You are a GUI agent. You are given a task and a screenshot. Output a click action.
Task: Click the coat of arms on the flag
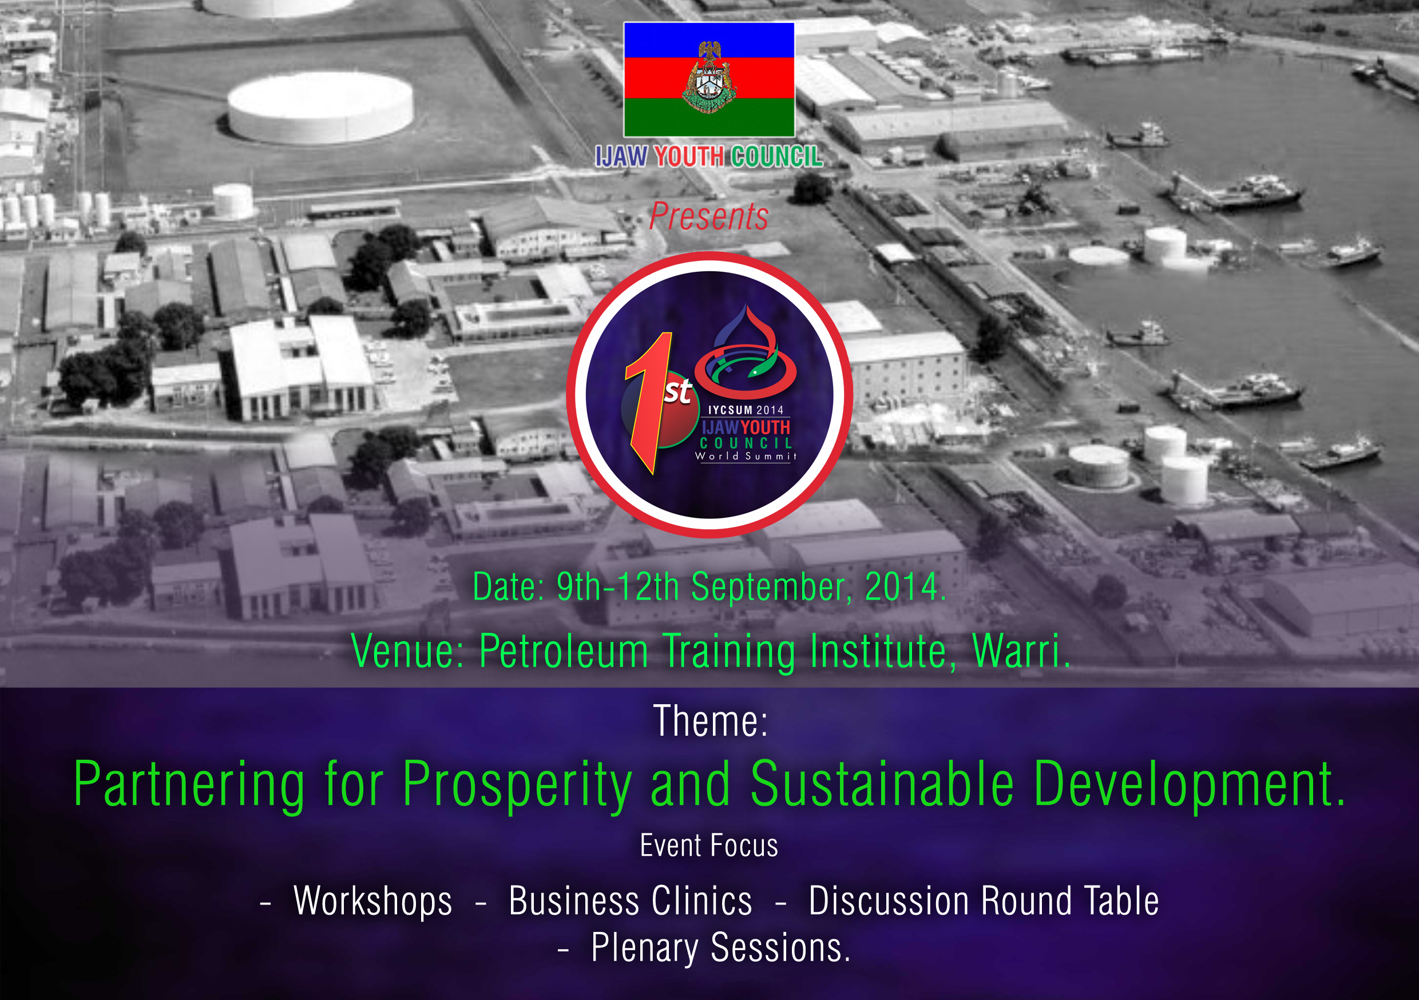[x=709, y=78]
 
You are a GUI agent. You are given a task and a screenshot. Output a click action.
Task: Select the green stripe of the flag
[x=709, y=117]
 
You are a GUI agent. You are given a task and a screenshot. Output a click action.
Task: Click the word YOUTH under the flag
[x=689, y=157]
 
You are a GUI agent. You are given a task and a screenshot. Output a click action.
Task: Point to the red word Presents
[x=709, y=217]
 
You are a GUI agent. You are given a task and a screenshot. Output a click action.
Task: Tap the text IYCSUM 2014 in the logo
[x=746, y=410]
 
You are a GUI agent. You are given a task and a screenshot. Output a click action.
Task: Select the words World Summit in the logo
[x=746, y=456]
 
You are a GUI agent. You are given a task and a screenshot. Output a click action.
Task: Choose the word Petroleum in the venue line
[x=564, y=652]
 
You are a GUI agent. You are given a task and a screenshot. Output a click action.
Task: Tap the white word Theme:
[x=710, y=721]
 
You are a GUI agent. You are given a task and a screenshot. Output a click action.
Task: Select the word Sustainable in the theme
[x=882, y=784]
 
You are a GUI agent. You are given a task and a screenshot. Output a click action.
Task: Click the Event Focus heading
[x=709, y=846]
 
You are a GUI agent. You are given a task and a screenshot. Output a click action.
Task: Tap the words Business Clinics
[x=631, y=901]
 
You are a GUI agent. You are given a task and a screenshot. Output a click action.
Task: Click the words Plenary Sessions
[x=720, y=949]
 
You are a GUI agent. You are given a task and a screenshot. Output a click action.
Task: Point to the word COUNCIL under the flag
[x=777, y=157]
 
